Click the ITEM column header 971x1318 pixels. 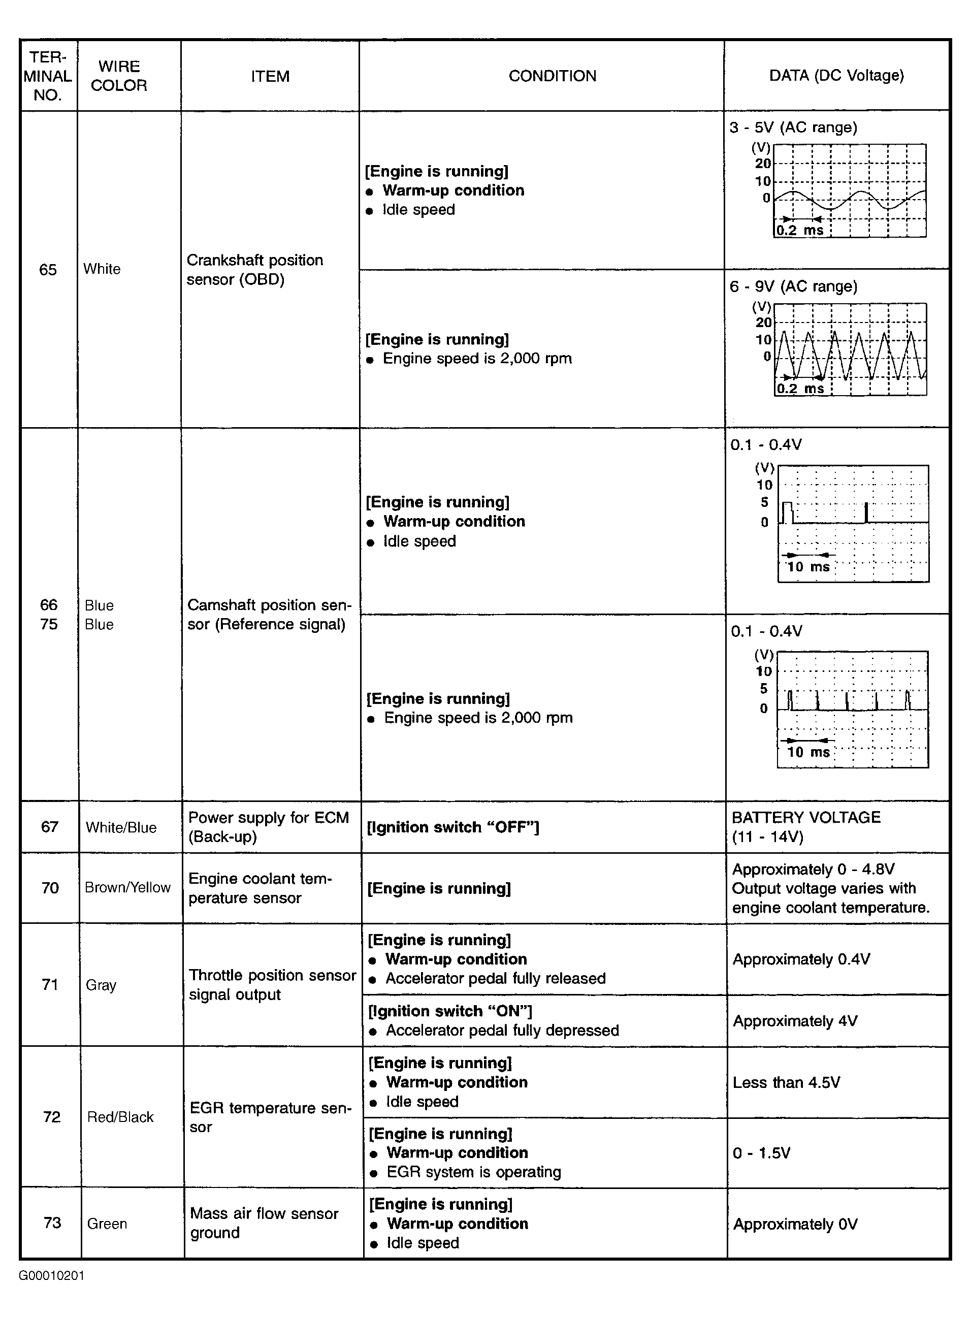click(270, 76)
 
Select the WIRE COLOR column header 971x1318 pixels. click(119, 76)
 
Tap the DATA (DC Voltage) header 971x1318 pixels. click(836, 75)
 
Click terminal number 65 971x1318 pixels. click(48, 269)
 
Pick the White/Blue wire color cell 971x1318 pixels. click(121, 827)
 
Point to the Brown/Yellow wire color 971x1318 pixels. click(127, 887)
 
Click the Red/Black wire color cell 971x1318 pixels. click(120, 1117)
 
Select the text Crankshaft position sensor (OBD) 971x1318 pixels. click(254, 269)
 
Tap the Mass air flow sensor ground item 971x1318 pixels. click(264, 1223)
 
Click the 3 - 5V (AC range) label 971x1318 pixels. click(793, 127)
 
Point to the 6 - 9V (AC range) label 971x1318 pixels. click(793, 286)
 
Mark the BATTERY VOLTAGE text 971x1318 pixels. click(806, 818)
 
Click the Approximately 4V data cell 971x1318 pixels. click(795, 1021)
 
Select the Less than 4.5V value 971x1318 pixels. click(786, 1083)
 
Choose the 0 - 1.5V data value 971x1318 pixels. click(761, 1153)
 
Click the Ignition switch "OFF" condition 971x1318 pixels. click(452, 827)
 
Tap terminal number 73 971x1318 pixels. click(52, 1223)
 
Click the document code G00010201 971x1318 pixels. click(52, 1276)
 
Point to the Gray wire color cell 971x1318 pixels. click(101, 985)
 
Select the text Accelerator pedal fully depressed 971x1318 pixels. click(502, 1031)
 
